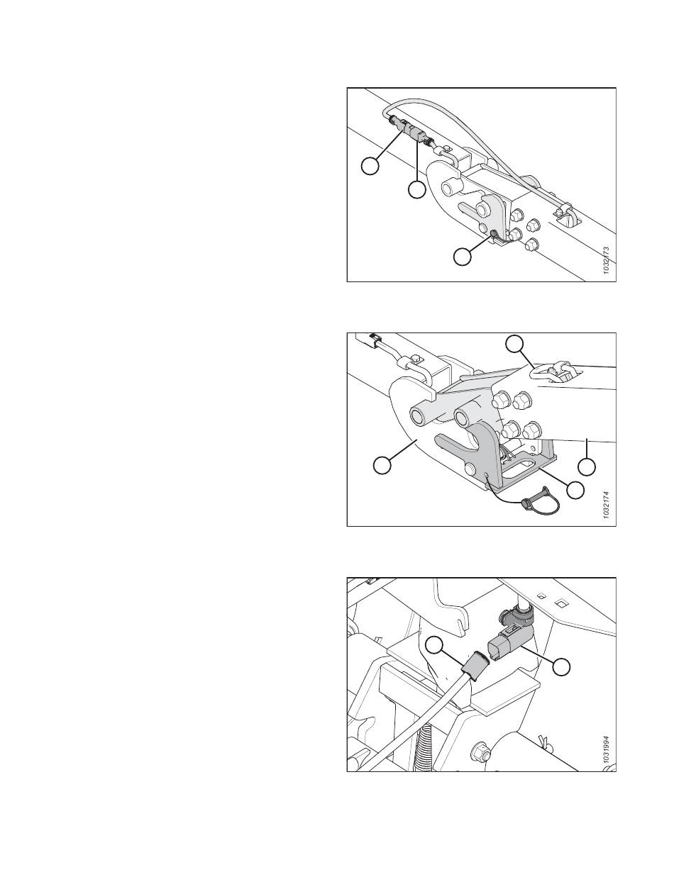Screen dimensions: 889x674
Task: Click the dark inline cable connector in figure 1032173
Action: (410, 132)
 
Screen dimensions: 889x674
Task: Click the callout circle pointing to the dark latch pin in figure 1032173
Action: (463, 257)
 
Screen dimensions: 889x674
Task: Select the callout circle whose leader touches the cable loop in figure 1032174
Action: (516, 344)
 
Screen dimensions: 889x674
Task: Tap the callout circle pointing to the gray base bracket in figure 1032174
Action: (576, 489)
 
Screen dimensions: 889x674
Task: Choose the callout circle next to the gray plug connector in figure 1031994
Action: (562, 666)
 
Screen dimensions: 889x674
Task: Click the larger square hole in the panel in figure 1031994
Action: (560, 605)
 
